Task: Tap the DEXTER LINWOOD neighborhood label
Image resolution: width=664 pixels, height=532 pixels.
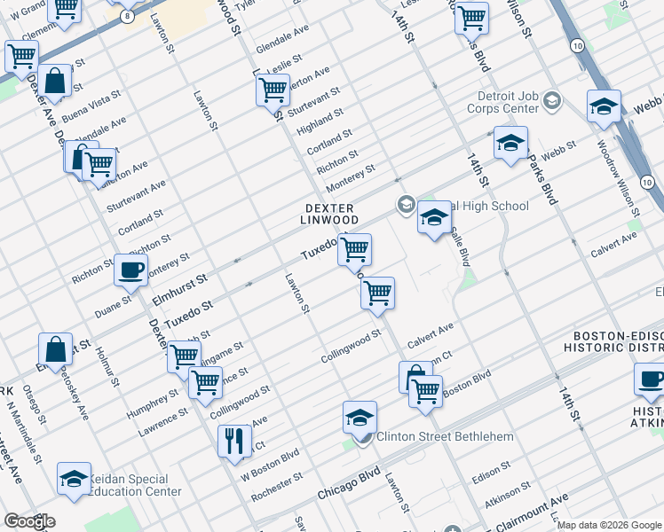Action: (328, 213)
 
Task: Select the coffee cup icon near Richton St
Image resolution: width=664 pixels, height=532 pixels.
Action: (131, 270)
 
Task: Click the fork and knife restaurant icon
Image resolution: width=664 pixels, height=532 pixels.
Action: (234, 440)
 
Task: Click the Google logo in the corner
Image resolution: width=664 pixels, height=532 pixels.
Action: (29, 521)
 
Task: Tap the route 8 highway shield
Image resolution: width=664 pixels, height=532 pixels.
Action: (130, 17)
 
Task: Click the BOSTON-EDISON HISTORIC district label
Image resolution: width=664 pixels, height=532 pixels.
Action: (618, 343)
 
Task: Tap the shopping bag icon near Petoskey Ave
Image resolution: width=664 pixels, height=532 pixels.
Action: (56, 349)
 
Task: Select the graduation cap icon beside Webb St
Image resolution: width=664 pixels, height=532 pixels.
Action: (510, 143)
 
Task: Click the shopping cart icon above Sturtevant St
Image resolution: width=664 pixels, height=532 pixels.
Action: (273, 90)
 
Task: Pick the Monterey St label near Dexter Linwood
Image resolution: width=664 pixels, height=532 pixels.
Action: (350, 177)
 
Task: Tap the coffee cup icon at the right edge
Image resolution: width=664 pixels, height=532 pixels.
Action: (651, 380)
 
